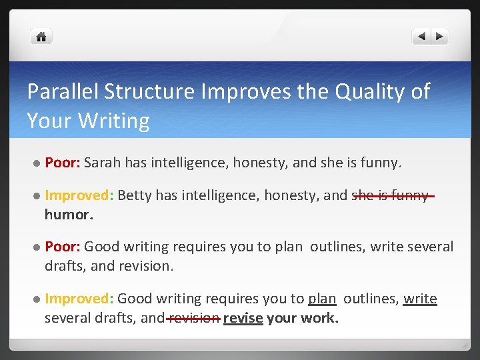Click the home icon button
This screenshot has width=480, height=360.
coord(41,37)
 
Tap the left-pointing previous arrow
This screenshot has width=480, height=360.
coord(421,37)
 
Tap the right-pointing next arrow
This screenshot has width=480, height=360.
coord(440,37)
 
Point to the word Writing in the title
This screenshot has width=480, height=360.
coord(113,121)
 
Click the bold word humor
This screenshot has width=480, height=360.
coord(69,214)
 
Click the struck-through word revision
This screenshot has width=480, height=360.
coord(194,318)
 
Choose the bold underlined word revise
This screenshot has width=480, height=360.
coord(243,318)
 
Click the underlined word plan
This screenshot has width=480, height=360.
coord(322,299)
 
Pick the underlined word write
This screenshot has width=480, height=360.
coord(420,299)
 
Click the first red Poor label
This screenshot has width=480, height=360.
coord(63,162)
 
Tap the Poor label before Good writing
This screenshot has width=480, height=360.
coord(63,247)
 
